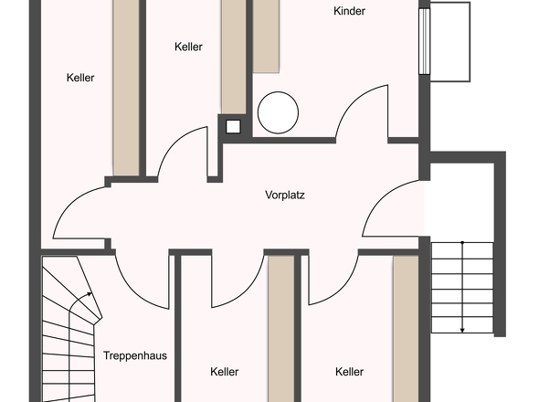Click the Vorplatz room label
285,195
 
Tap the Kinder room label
349,11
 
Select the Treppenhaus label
135,355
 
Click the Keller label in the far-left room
80,78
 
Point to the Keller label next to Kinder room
188,47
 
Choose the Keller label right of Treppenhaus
225,372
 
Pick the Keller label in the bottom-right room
349,372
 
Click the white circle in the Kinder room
278,112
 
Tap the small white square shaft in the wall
233,127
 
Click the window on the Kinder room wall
425,41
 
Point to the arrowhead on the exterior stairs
462,331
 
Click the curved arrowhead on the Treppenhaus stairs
90,294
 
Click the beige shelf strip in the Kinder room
266,37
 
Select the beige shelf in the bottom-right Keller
406,328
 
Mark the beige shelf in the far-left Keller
126,88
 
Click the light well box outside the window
450,42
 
